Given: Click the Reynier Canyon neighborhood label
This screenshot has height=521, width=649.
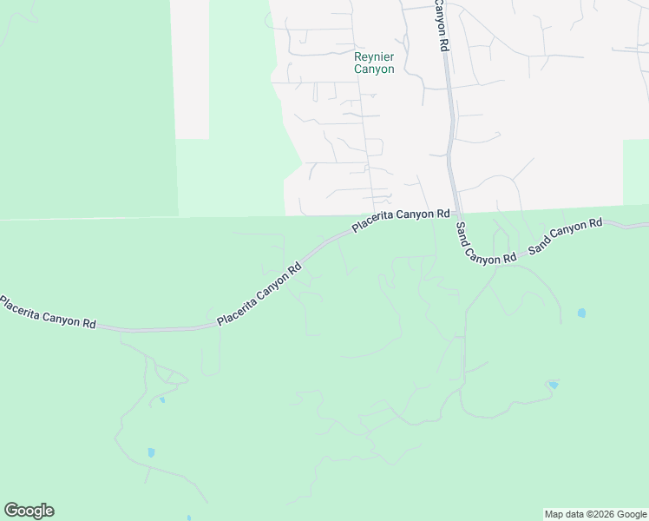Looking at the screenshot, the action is coord(374,63).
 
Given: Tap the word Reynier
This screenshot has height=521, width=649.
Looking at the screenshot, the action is coord(374,57).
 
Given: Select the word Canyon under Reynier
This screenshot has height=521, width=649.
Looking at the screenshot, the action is coord(374,69).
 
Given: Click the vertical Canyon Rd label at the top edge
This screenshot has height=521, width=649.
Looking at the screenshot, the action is coord(441,24).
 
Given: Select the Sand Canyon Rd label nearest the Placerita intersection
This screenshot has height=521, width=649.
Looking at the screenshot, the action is coord(485,244).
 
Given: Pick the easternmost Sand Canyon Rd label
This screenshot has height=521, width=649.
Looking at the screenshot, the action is coord(565,235).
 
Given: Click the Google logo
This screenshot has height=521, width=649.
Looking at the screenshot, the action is coord(29,511).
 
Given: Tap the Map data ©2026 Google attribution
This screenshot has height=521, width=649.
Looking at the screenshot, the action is coord(596,514).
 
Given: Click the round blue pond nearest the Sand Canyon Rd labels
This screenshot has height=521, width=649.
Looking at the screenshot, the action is coord(581,313).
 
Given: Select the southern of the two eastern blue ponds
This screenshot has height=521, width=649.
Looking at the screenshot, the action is coord(554,385).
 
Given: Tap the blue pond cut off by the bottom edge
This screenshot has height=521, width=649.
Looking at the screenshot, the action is coord(188,518).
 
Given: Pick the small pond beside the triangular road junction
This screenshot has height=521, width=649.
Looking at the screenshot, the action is coord(161,399).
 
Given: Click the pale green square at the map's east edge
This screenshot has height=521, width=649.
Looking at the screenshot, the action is coord(635,172).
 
